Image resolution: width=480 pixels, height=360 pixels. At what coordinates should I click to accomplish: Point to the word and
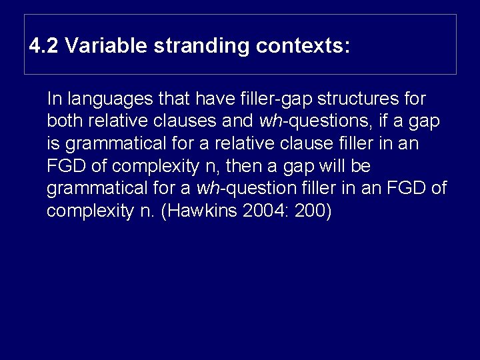(x=241, y=121)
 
